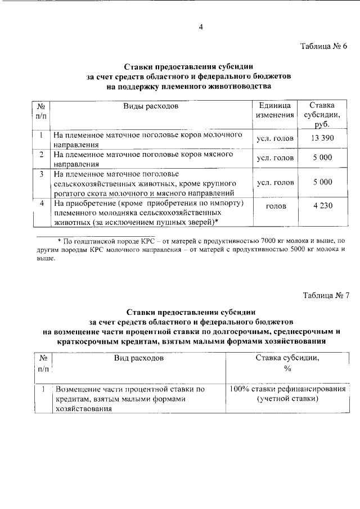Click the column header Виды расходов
[151, 106]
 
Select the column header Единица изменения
[275, 110]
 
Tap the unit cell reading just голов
[275, 206]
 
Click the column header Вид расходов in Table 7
[139, 357]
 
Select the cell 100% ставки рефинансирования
[288, 389]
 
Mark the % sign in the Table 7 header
[287, 368]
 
